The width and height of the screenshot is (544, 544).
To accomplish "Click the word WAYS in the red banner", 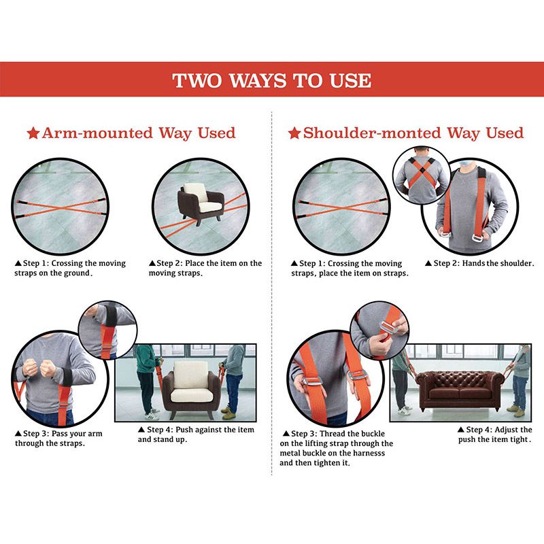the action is coord(258,80).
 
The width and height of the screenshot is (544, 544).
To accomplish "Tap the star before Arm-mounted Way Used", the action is coord(33,133).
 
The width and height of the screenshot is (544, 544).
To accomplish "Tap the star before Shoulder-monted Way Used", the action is coord(294,133).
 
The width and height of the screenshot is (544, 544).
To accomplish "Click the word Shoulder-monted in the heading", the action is coord(372,133).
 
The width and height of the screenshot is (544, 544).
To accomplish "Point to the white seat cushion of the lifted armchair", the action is coord(190,395).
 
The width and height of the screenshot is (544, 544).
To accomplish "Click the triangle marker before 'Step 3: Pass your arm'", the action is coord(18,433).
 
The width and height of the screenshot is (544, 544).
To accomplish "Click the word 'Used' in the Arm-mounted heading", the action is coord(216,133).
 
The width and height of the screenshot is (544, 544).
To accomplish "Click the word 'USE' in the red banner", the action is coord(350,80).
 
